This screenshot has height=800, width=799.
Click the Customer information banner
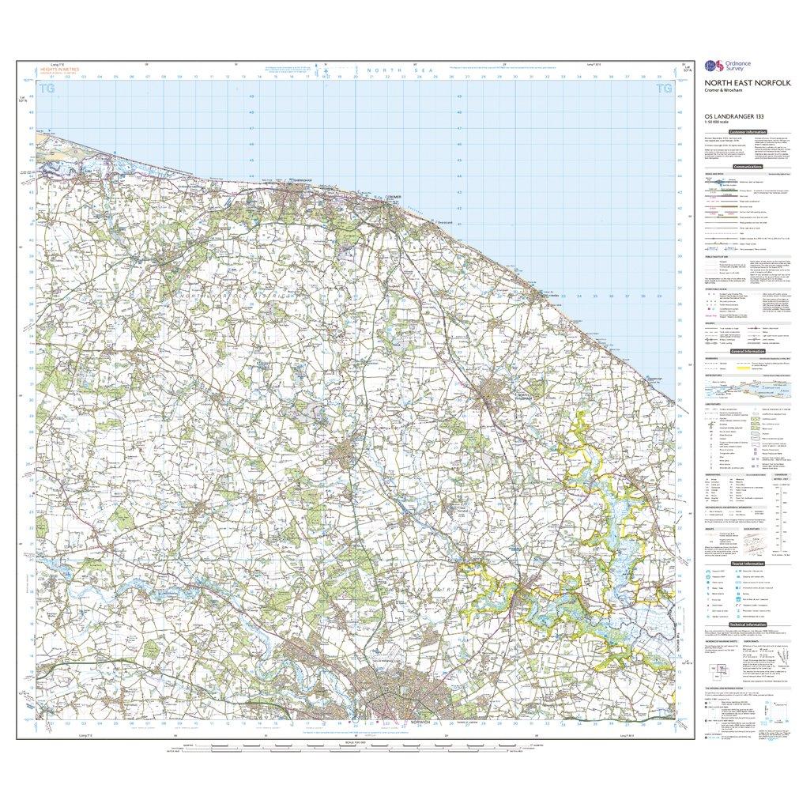[x=746, y=132]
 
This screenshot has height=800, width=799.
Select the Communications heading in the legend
[x=746, y=168]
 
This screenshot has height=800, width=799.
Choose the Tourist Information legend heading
[x=746, y=564]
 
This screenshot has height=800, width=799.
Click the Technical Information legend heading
[x=746, y=625]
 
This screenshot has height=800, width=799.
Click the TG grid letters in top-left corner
[x=48, y=89]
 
